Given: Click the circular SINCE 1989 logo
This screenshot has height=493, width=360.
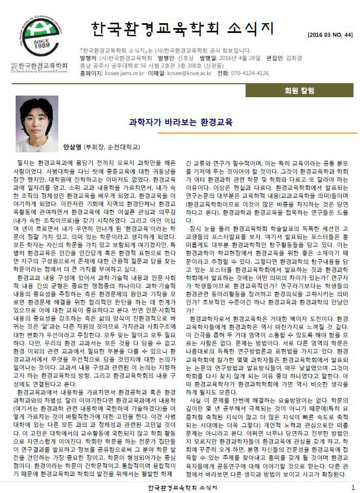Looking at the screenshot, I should (38, 33).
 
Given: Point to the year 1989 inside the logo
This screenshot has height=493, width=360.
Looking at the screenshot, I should (38, 44).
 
